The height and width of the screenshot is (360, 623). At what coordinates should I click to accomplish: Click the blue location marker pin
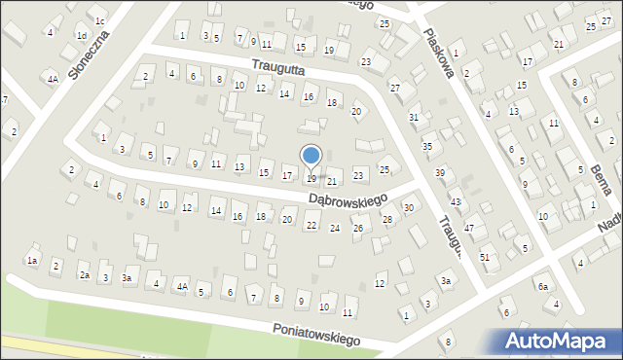pyautogui.click(x=311, y=157)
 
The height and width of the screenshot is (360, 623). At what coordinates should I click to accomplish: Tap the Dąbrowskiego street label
pyautogui.click(x=348, y=198)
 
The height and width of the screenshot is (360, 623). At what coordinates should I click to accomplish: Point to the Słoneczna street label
pyautogui.click(x=89, y=54)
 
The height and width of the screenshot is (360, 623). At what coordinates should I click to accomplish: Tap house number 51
pyautogui.click(x=485, y=256)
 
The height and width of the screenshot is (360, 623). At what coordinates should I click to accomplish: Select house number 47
pyautogui.click(x=469, y=228)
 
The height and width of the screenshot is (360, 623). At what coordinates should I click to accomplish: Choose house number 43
pyautogui.click(x=455, y=201)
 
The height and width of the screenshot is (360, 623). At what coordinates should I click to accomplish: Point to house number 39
pyautogui.click(x=440, y=172)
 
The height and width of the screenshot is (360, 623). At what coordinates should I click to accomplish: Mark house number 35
pyautogui.click(x=426, y=146)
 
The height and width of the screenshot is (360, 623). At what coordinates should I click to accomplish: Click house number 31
pyautogui.click(x=414, y=117)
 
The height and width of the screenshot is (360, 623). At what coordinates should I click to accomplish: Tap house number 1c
pyautogui.click(x=100, y=19)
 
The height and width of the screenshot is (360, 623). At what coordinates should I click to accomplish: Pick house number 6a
pyautogui.click(x=543, y=286)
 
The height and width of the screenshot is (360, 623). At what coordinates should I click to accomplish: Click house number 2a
pyautogui.click(x=85, y=275)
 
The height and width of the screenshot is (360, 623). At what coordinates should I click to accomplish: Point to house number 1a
pyautogui.click(x=32, y=261)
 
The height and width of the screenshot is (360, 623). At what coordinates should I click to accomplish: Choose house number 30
pyautogui.click(x=409, y=208)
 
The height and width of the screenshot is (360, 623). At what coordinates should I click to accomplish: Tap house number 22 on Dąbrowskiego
pyautogui.click(x=311, y=226)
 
